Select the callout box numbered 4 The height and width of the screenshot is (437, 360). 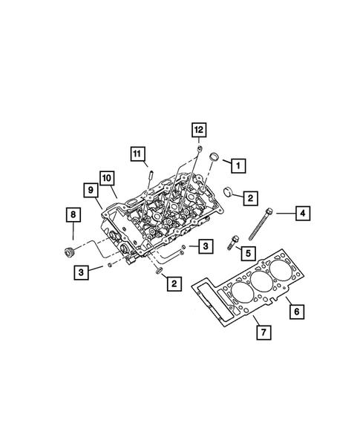302,214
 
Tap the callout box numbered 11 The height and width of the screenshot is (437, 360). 137,154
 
